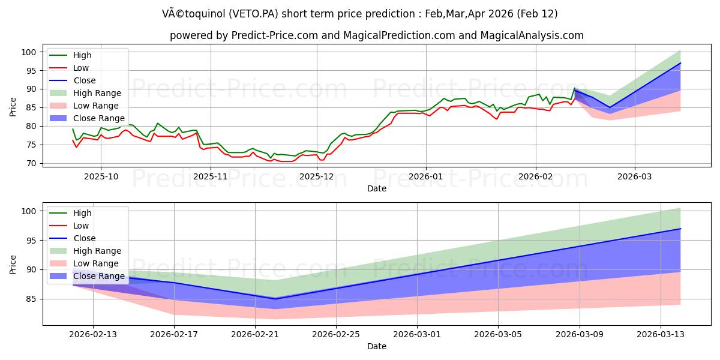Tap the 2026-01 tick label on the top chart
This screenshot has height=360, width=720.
click(x=425, y=176)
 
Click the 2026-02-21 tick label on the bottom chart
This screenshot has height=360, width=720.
click(x=255, y=334)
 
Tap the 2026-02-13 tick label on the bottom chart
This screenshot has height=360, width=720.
click(x=93, y=334)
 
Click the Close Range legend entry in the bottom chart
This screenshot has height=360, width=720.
click(x=99, y=276)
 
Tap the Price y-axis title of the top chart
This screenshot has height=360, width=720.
click(x=13, y=107)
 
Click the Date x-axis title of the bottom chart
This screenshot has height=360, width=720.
click(x=377, y=346)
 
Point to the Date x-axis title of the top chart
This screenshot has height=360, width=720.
click(x=377, y=188)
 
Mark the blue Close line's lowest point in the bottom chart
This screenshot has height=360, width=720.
click(x=275, y=299)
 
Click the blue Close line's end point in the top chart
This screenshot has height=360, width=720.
click(x=680, y=63)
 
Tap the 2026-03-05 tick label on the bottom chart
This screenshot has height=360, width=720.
click(x=498, y=334)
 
